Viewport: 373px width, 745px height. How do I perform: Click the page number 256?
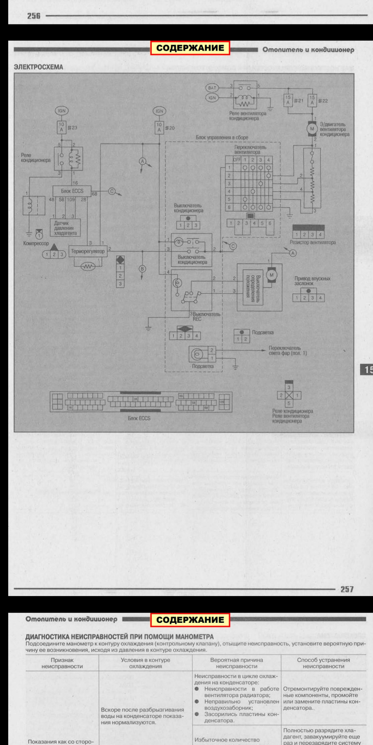pyautogui.click(x=33, y=16)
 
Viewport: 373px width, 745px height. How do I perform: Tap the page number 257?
pyautogui.click(x=347, y=589)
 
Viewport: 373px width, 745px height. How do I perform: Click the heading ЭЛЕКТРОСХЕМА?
pyautogui.click(x=38, y=67)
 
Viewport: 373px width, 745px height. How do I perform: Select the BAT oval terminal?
pyautogui.click(x=212, y=88)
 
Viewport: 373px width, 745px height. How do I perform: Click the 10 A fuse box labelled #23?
pyautogui.click(x=61, y=127)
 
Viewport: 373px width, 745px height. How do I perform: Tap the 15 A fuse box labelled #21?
pyautogui.click(x=288, y=100)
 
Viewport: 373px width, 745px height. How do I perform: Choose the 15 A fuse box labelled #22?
pyautogui.click(x=312, y=100)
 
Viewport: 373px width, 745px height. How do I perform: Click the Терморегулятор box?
pyautogui.click(x=88, y=251)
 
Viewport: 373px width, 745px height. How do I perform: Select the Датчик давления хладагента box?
pyautogui.click(x=65, y=228)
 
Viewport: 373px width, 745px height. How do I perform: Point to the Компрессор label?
pyautogui.click(x=36, y=244)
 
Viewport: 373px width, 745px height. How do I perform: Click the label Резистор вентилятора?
pyautogui.click(x=312, y=243)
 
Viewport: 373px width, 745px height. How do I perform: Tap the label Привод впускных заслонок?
pyautogui.click(x=312, y=281)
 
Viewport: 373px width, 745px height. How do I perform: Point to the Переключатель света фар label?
pyautogui.click(x=288, y=350)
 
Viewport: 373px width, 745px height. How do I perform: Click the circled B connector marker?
pyautogui.click(x=142, y=269)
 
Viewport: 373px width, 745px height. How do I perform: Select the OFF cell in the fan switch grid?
pyautogui.click(x=237, y=160)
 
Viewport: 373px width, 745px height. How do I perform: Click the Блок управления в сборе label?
pyautogui.click(x=221, y=137)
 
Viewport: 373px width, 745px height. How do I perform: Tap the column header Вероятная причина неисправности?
pyautogui.click(x=236, y=663)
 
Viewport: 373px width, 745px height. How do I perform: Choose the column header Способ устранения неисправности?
pyautogui.click(x=323, y=663)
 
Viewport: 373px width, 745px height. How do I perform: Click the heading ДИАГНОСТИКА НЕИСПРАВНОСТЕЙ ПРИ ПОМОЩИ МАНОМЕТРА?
pyautogui.click(x=119, y=637)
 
